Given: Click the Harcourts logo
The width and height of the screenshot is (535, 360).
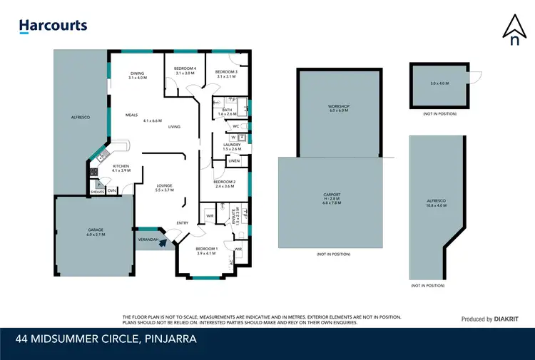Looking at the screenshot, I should point(53,26).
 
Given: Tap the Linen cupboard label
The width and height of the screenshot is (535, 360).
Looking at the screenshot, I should point(233,161).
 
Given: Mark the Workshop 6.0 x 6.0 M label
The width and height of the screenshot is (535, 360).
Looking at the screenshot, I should point(339,108).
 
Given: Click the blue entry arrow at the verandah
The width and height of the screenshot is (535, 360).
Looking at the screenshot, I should point(163,242).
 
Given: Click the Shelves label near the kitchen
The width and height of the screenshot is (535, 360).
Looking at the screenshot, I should point(97,191).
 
